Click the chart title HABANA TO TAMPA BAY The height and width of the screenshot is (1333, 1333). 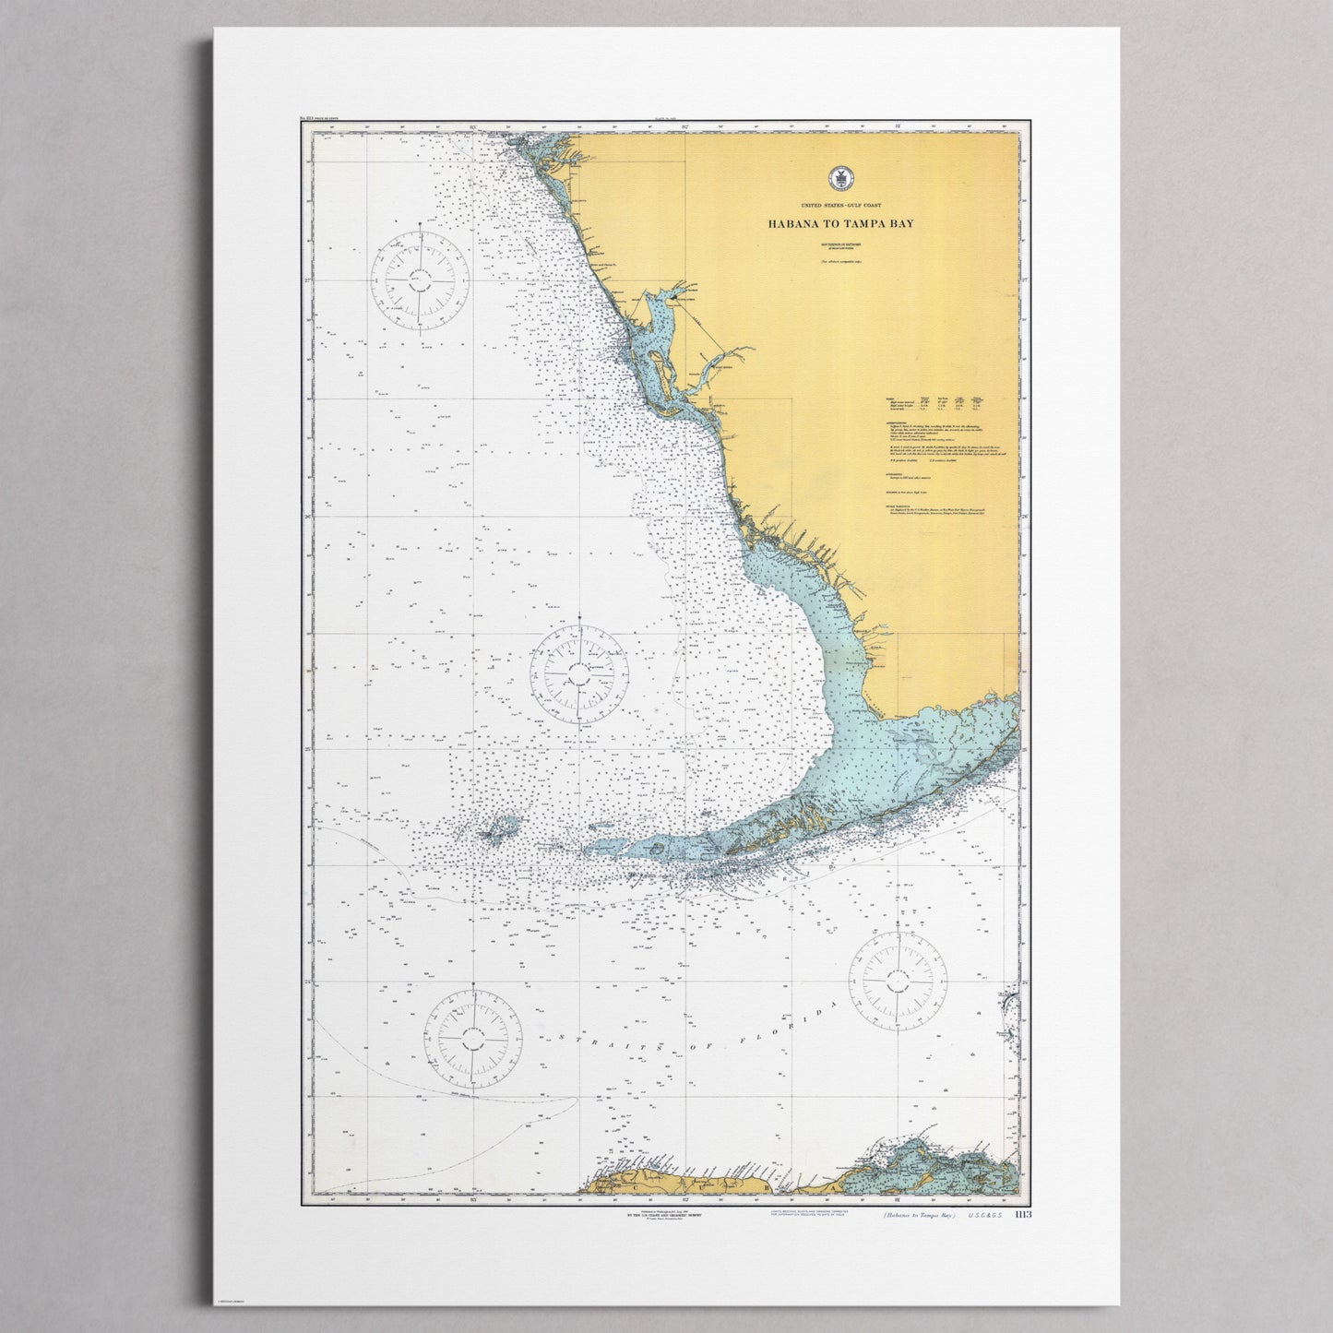click(x=839, y=223)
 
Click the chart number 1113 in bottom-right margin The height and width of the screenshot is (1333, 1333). click(x=1020, y=1214)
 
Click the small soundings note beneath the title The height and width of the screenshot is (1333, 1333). click(x=839, y=244)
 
